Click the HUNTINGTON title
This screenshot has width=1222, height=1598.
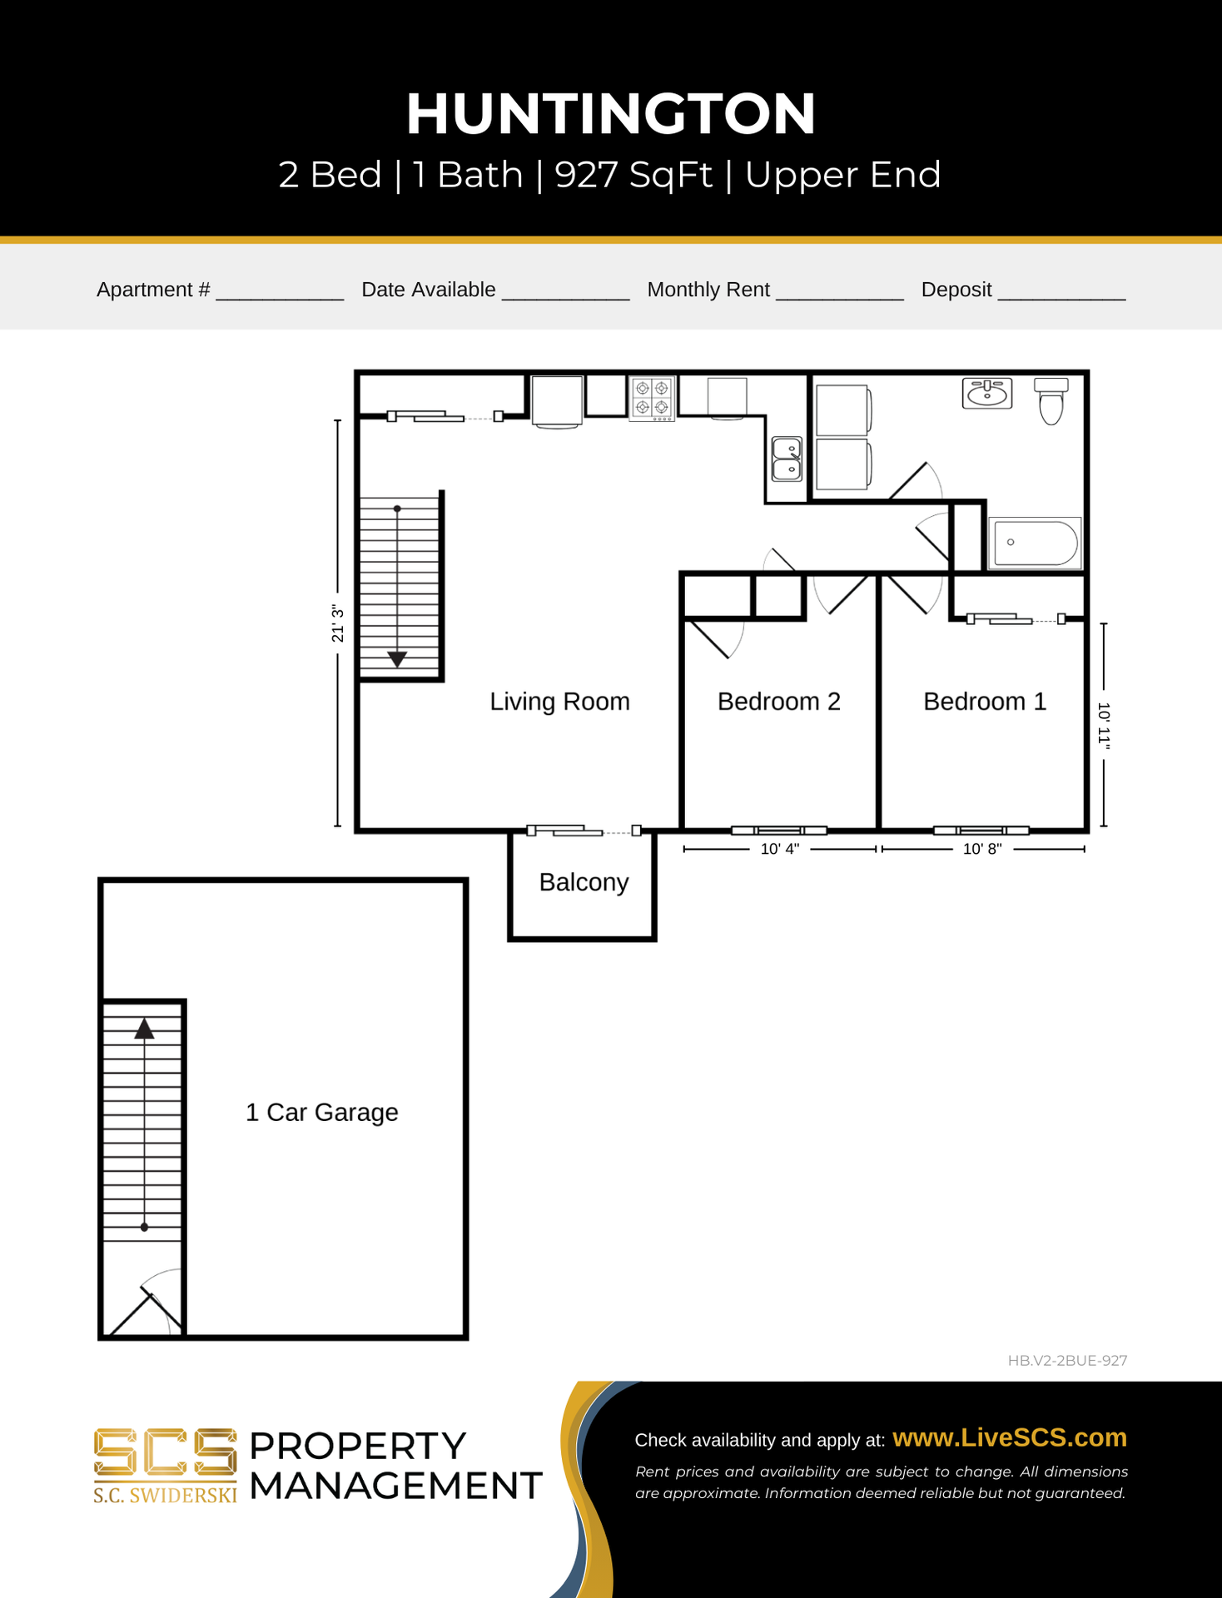611,114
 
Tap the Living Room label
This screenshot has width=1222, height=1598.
559,702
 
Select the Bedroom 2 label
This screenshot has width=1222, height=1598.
778,702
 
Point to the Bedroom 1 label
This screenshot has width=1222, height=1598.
985,702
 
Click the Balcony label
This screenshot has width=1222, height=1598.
584,882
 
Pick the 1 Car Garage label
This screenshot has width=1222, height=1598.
322,1113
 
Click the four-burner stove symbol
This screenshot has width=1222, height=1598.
652,399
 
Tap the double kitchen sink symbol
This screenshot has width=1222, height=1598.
787,459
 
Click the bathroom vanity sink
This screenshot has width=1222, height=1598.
987,393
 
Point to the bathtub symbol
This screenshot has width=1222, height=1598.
1036,543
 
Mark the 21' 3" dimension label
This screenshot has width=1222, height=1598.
337,623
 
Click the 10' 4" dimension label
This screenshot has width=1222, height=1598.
780,849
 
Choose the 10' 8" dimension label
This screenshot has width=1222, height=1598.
982,849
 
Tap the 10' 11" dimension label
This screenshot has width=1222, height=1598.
1104,726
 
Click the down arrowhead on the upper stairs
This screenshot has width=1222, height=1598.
397,658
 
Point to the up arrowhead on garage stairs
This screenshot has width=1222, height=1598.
145,1029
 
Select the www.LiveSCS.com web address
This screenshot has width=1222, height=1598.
1010,1437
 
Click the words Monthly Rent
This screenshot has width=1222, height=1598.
708,290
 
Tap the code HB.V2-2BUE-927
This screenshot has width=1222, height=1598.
1067,1361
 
